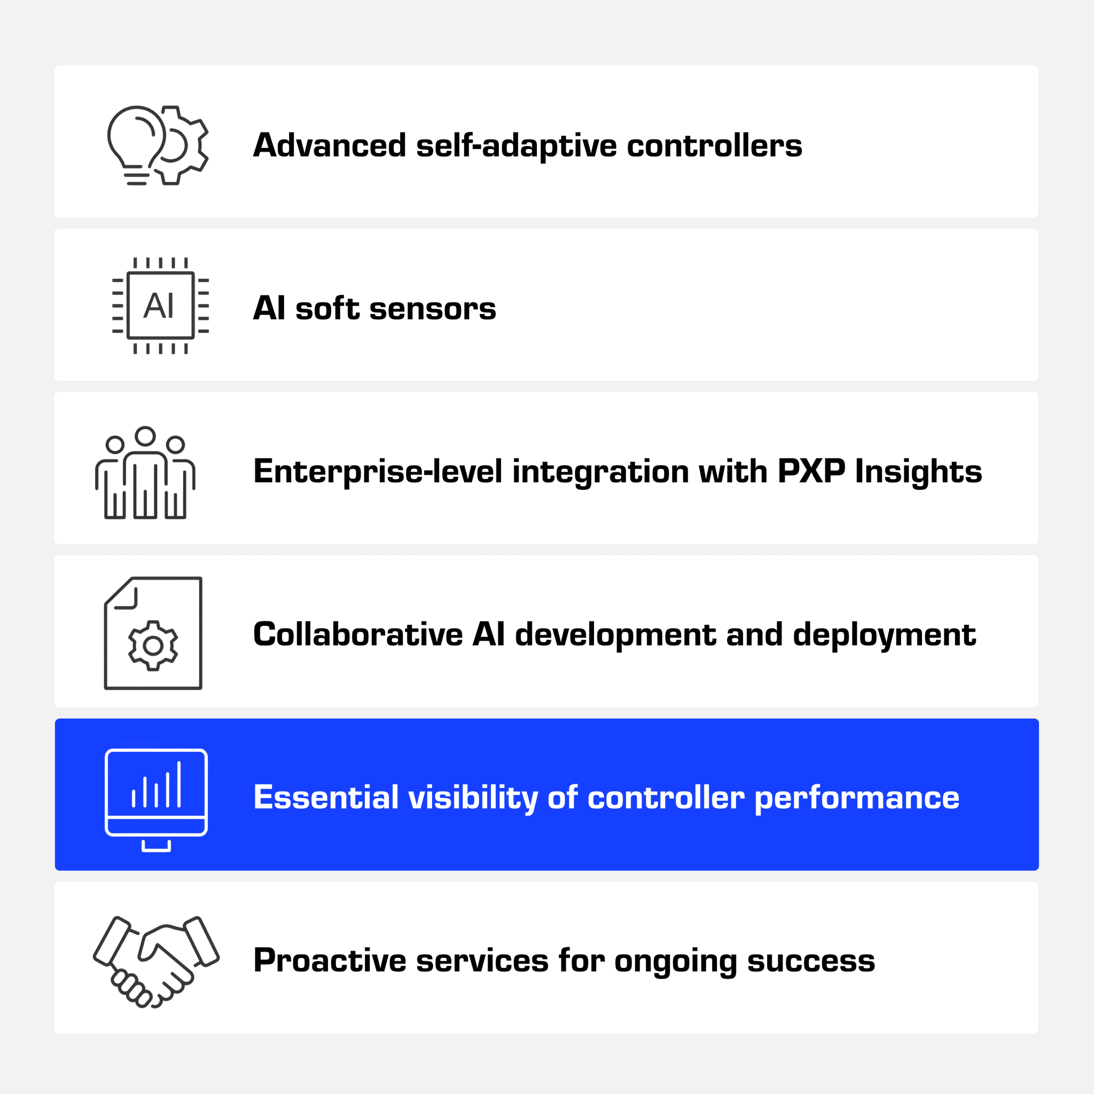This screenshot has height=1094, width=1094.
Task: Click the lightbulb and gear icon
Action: click(158, 145)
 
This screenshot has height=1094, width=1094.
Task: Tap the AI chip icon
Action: click(161, 306)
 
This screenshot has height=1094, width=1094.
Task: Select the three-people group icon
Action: click(145, 473)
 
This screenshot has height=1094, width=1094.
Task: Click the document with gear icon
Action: click(153, 633)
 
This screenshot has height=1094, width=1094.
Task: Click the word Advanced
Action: click(330, 145)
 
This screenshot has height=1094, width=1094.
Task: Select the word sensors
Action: click(433, 309)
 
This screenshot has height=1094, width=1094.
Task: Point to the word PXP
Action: click(811, 471)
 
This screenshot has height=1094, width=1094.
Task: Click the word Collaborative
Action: click(358, 634)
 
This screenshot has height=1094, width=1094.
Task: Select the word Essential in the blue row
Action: click(326, 798)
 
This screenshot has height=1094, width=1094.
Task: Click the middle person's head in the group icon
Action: click(145, 436)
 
